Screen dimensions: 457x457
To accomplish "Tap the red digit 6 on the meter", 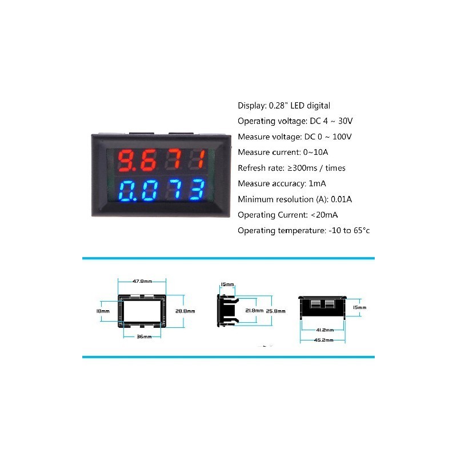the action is pyautogui.click(x=149, y=160).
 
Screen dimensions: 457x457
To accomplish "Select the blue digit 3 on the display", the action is pyautogui.click(x=197, y=190).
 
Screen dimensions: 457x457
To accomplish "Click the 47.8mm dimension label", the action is pyautogui.click(x=142, y=281).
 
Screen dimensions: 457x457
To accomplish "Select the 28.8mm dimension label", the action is pyautogui.click(x=185, y=311).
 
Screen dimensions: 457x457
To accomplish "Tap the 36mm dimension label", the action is pyautogui.click(x=144, y=336).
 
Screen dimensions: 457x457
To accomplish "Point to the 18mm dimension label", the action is pyautogui.click(x=103, y=311).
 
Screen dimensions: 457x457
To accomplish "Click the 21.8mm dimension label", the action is pyautogui.click(x=254, y=311).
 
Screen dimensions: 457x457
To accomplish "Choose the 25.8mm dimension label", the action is pyautogui.click(x=275, y=311).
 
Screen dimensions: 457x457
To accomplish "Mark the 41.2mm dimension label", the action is pyautogui.click(x=325, y=330).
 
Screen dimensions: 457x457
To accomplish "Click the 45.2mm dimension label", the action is pyautogui.click(x=323, y=340).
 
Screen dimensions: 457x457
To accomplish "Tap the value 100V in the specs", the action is pyautogui.click(x=342, y=137).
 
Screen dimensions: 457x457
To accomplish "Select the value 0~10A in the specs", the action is pyautogui.click(x=315, y=152).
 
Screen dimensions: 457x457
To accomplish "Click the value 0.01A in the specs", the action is pyautogui.click(x=341, y=199).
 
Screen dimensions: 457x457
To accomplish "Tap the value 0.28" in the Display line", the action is pyautogui.click(x=276, y=106).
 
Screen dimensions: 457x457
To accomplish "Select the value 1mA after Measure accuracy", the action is pyautogui.click(x=317, y=183).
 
